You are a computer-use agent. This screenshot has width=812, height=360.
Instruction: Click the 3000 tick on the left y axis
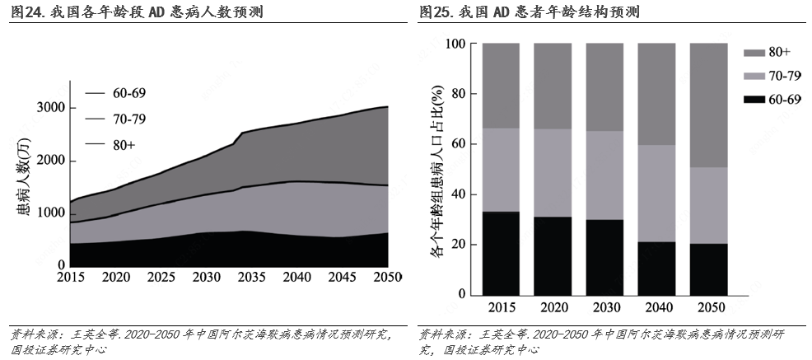tap(51, 108)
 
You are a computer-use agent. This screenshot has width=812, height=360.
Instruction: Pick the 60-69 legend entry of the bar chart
tap(785, 100)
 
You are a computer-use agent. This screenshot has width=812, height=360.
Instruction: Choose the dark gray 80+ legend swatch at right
tap(754, 53)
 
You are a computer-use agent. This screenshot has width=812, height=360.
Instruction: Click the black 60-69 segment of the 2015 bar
tap(501, 254)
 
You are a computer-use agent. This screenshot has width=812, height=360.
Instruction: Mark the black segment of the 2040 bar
tap(656, 269)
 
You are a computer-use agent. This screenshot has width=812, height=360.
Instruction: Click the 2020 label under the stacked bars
tap(553, 308)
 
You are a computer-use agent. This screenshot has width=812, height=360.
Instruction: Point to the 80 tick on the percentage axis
tap(457, 94)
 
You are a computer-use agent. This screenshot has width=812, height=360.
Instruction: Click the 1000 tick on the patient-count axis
tap(51, 213)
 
